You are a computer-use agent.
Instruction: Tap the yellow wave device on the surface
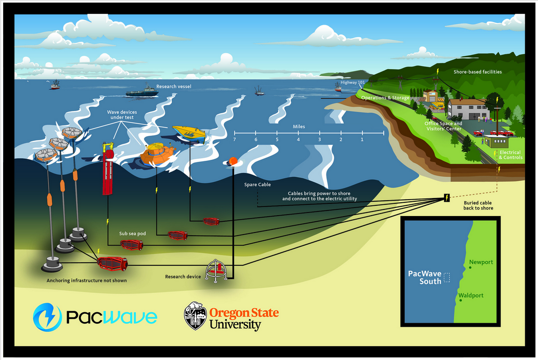189,133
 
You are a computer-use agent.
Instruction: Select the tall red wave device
108,169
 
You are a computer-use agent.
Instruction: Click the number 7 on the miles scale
234,139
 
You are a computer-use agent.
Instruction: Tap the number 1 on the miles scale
362,139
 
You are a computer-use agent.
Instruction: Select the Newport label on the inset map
481,262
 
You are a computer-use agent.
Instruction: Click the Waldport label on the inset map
472,295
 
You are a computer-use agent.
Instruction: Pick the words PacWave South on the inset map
424,277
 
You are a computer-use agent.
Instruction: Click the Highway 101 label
353,82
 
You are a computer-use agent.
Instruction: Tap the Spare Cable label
257,184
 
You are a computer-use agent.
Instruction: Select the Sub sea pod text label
133,234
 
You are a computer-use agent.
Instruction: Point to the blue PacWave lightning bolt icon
47,316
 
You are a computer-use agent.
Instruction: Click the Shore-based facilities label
478,72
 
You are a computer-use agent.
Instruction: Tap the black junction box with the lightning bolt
447,198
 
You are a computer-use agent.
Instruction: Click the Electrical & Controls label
510,155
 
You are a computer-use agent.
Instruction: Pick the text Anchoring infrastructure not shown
87,280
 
